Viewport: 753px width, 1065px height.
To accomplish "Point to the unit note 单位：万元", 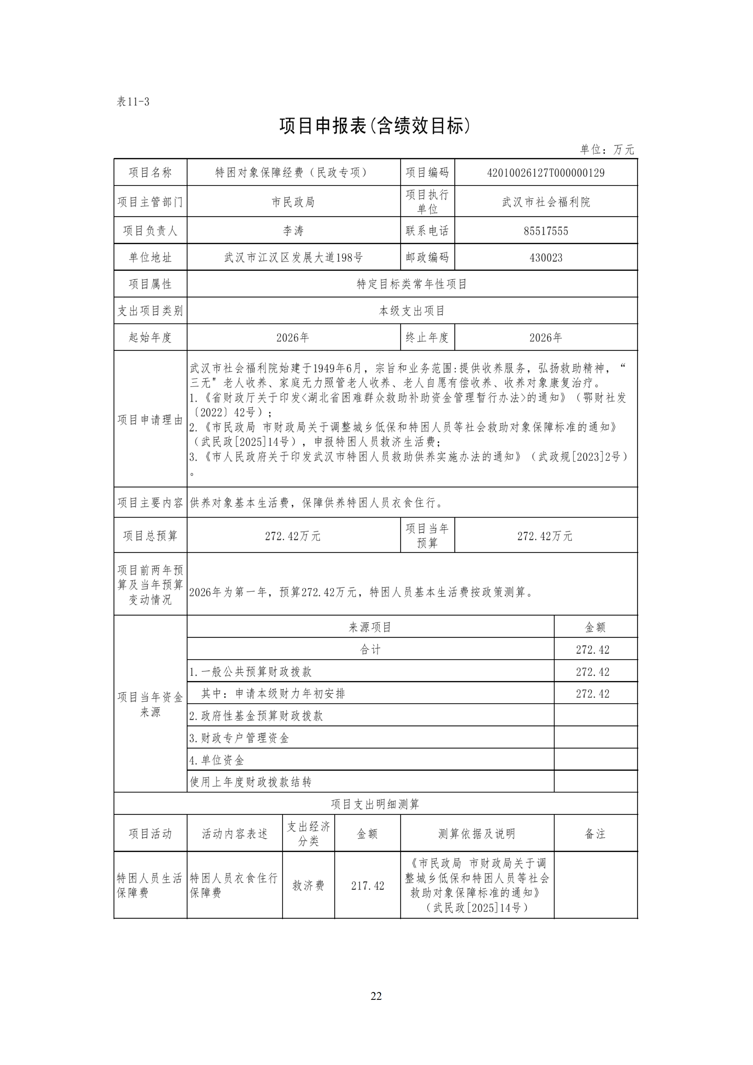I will pyautogui.click(x=607, y=149).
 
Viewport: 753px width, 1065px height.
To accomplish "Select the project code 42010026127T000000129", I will pyautogui.click(x=546, y=173).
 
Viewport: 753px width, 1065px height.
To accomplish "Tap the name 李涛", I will pyautogui.click(x=293, y=231).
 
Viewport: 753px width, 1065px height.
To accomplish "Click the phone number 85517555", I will pyautogui.click(x=546, y=231).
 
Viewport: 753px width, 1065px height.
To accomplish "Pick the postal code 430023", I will pyautogui.click(x=546, y=258).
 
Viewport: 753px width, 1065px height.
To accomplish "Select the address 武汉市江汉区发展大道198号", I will pyautogui.click(x=293, y=258).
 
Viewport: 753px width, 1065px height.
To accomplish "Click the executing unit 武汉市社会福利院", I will pyautogui.click(x=546, y=202).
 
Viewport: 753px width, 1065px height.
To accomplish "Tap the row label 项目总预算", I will pyautogui.click(x=150, y=536).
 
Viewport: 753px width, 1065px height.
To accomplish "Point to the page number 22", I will pyautogui.click(x=376, y=996).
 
